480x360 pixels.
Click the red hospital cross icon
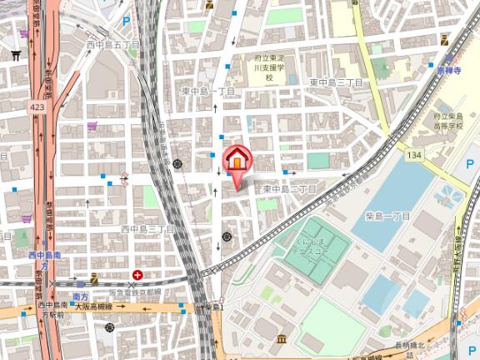pyautogui.click(x=136, y=274)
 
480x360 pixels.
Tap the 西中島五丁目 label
pyautogui.click(x=112, y=44)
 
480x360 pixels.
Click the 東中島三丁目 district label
pyautogui.click(x=336, y=82)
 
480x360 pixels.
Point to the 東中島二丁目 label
pyautogui.click(x=289, y=189)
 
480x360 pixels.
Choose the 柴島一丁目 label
pyautogui.click(x=388, y=216)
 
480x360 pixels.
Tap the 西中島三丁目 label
pyautogui.click(x=147, y=228)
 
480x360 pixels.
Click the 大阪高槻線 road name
pyautogui.click(x=93, y=307)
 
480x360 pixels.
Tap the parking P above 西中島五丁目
pyautogui.click(x=127, y=22)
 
